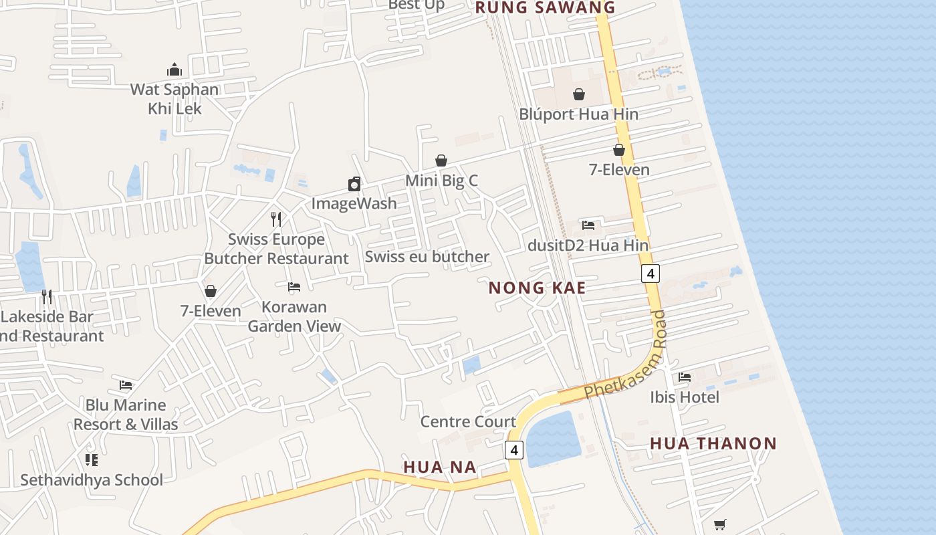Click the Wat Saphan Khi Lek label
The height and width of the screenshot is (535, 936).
pyautogui.click(x=174, y=98)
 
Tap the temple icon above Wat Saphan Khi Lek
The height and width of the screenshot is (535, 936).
pyautogui.click(x=174, y=70)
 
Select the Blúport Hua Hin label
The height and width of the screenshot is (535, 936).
pyautogui.click(x=578, y=114)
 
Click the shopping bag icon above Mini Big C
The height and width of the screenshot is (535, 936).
pyautogui.click(x=441, y=160)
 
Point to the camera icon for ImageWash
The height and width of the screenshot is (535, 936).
pyautogui.click(x=354, y=184)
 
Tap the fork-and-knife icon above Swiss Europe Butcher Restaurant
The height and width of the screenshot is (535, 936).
pyautogui.click(x=276, y=219)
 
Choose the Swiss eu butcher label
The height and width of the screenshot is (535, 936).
pyautogui.click(x=427, y=257)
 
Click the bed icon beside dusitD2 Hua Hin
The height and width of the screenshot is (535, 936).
pyautogui.click(x=588, y=225)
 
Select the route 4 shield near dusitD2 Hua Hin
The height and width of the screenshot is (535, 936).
pyautogui.click(x=650, y=273)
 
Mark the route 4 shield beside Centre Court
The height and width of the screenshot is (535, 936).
pyautogui.click(x=513, y=450)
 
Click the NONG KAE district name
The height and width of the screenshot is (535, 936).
pyautogui.click(x=537, y=288)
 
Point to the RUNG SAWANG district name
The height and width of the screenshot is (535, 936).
pyautogui.click(x=545, y=8)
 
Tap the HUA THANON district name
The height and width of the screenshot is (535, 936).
pyautogui.click(x=713, y=443)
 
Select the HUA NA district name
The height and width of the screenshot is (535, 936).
pyautogui.click(x=440, y=467)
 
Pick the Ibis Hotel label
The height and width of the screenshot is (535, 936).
pyautogui.click(x=685, y=398)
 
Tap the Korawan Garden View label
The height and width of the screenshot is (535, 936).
pyautogui.click(x=294, y=316)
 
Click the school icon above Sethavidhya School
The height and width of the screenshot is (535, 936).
pyautogui.click(x=92, y=460)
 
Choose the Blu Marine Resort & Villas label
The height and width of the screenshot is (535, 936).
pyautogui.click(x=126, y=415)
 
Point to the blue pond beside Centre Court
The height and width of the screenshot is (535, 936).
pyautogui.click(x=553, y=438)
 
